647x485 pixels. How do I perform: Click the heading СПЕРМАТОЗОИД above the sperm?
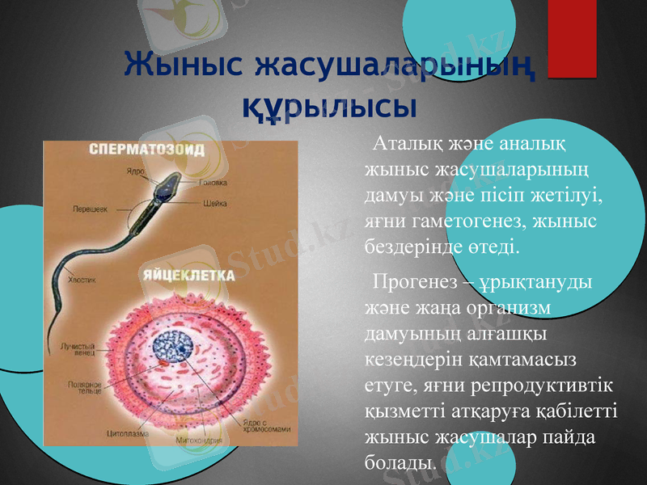pyautogui.click(x=146, y=150)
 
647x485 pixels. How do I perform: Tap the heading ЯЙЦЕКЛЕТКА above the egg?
pyautogui.click(x=188, y=276)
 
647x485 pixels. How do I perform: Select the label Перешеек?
pyautogui.click(x=91, y=209)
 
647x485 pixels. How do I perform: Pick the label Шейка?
pyautogui.click(x=214, y=203)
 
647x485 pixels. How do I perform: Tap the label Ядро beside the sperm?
pyautogui.click(x=134, y=171)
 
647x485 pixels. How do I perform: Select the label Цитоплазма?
pyautogui.click(x=127, y=432)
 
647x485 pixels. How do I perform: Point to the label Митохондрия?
pyautogui.click(x=201, y=441)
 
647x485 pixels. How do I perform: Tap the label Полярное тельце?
pyautogui.click(x=83, y=387)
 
